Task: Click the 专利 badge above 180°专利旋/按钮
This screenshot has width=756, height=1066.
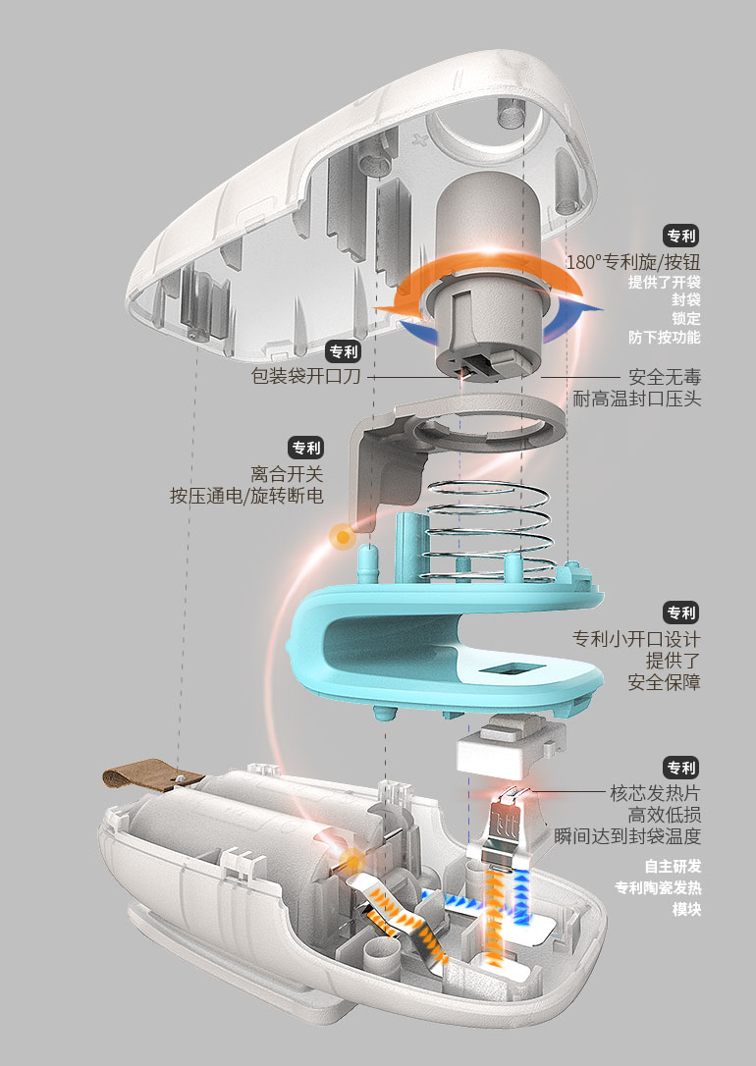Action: pos(680,236)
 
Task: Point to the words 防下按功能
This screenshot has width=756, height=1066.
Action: pos(665,337)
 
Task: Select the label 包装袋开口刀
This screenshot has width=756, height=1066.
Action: pos(304,376)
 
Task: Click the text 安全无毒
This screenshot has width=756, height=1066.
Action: pos(665,376)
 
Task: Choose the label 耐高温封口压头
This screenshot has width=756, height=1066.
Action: pos(637,400)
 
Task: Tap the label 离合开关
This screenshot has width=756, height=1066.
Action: pos(287,473)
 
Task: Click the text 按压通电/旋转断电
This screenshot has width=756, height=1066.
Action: pos(246,497)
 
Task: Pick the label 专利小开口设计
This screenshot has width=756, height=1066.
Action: pos(636,639)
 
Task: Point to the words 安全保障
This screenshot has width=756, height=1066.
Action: pos(665,682)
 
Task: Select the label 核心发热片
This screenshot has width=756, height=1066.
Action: pos(655,792)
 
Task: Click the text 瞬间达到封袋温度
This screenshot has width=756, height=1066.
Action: pos(627,836)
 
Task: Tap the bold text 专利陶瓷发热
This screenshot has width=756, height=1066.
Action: pos(658,888)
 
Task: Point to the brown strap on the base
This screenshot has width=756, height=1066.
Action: pos(137,777)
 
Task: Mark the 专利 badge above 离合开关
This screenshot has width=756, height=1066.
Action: pos(306,448)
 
